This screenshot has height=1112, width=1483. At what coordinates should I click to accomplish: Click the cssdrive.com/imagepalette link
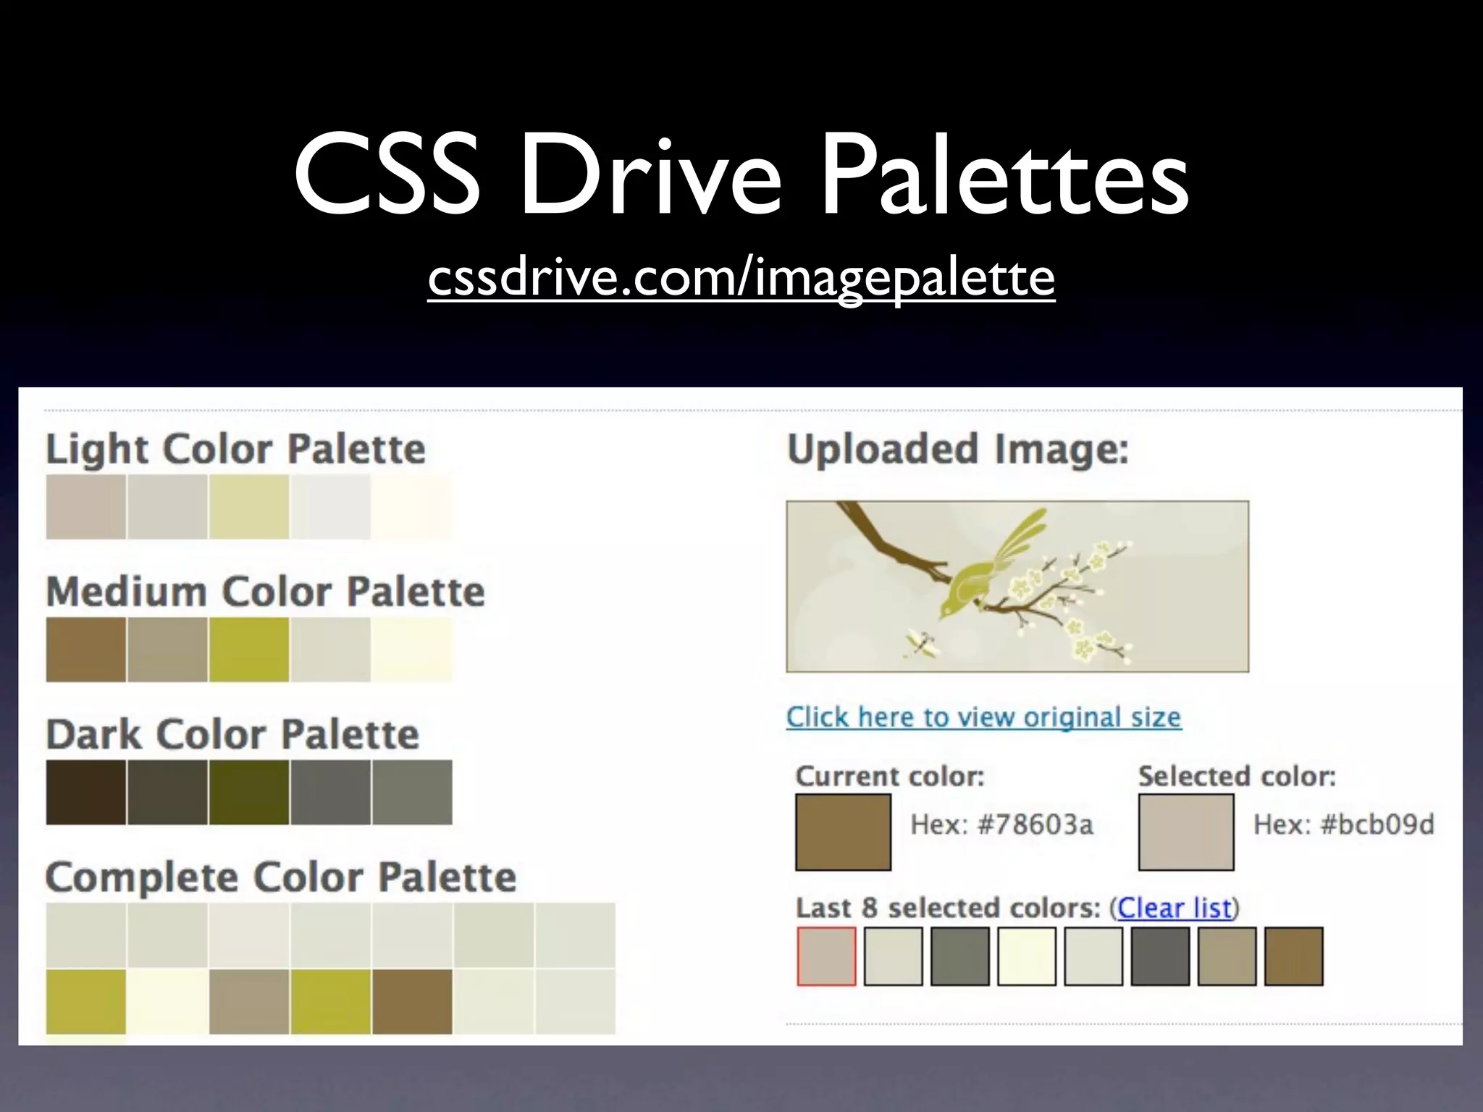[x=741, y=278]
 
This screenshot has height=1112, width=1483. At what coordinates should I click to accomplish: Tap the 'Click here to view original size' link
[x=983, y=717]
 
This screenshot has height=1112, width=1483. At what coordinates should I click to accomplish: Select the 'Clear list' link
[x=1174, y=908]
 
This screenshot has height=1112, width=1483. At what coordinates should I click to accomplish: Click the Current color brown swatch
[x=843, y=832]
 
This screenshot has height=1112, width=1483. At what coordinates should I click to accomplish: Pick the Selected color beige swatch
[x=1185, y=832]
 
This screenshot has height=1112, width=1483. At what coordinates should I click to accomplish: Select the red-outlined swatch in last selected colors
[x=826, y=956]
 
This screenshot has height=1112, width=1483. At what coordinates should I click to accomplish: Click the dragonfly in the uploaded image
[x=920, y=644]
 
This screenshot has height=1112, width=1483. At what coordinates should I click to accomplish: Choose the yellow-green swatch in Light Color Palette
[x=249, y=507]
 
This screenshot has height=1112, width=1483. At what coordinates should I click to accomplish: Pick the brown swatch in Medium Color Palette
[x=85, y=649]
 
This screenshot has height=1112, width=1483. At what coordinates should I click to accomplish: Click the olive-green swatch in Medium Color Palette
[x=249, y=649]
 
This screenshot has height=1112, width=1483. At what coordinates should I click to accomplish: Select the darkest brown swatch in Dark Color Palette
[x=85, y=792]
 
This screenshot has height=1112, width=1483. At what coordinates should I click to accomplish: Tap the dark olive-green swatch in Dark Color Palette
[x=249, y=792]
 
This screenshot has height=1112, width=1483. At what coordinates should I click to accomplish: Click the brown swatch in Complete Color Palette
[x=412, y=1001]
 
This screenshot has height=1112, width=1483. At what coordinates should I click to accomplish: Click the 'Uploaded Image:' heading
[x=957, y=449]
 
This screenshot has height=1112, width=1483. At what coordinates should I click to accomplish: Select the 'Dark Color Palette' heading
[x=232, y=735]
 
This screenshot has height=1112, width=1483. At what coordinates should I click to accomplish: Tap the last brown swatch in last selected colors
[x=1293, y=956]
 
